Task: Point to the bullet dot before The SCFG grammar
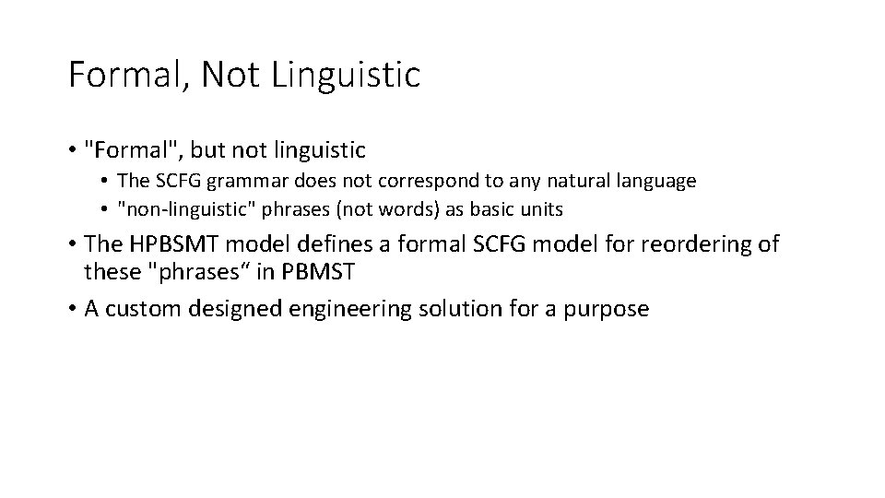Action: pos(107,182)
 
